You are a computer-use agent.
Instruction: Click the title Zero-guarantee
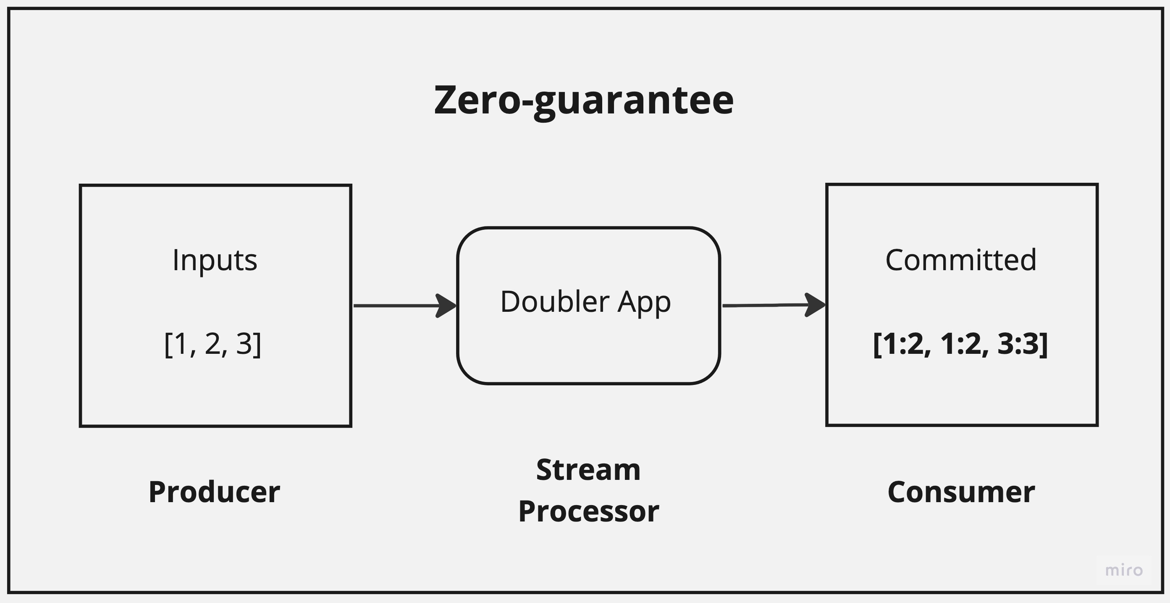click(584, 101)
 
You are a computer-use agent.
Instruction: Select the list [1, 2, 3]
click(212, 344)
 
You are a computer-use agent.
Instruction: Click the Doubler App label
click(585, 302)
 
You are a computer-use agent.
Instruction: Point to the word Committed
click(960, 261)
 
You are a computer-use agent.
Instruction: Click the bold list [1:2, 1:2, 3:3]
click(960, 344)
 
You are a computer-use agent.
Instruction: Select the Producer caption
click(214, 492)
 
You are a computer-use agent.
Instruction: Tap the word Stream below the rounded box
click(588, 470)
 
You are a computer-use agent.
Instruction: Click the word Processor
click(589, 512)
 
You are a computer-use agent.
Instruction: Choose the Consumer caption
click(961, 492)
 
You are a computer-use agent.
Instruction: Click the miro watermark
click(1124, 570)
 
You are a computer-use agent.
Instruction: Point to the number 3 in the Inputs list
click(244, 344)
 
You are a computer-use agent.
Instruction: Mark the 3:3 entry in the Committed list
click(1018, 344)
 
